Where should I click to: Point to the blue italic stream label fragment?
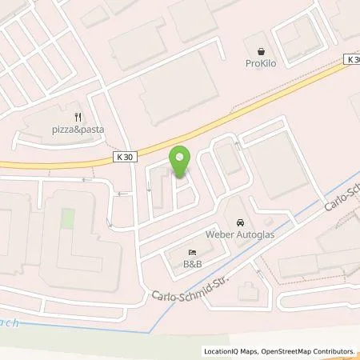10,324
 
